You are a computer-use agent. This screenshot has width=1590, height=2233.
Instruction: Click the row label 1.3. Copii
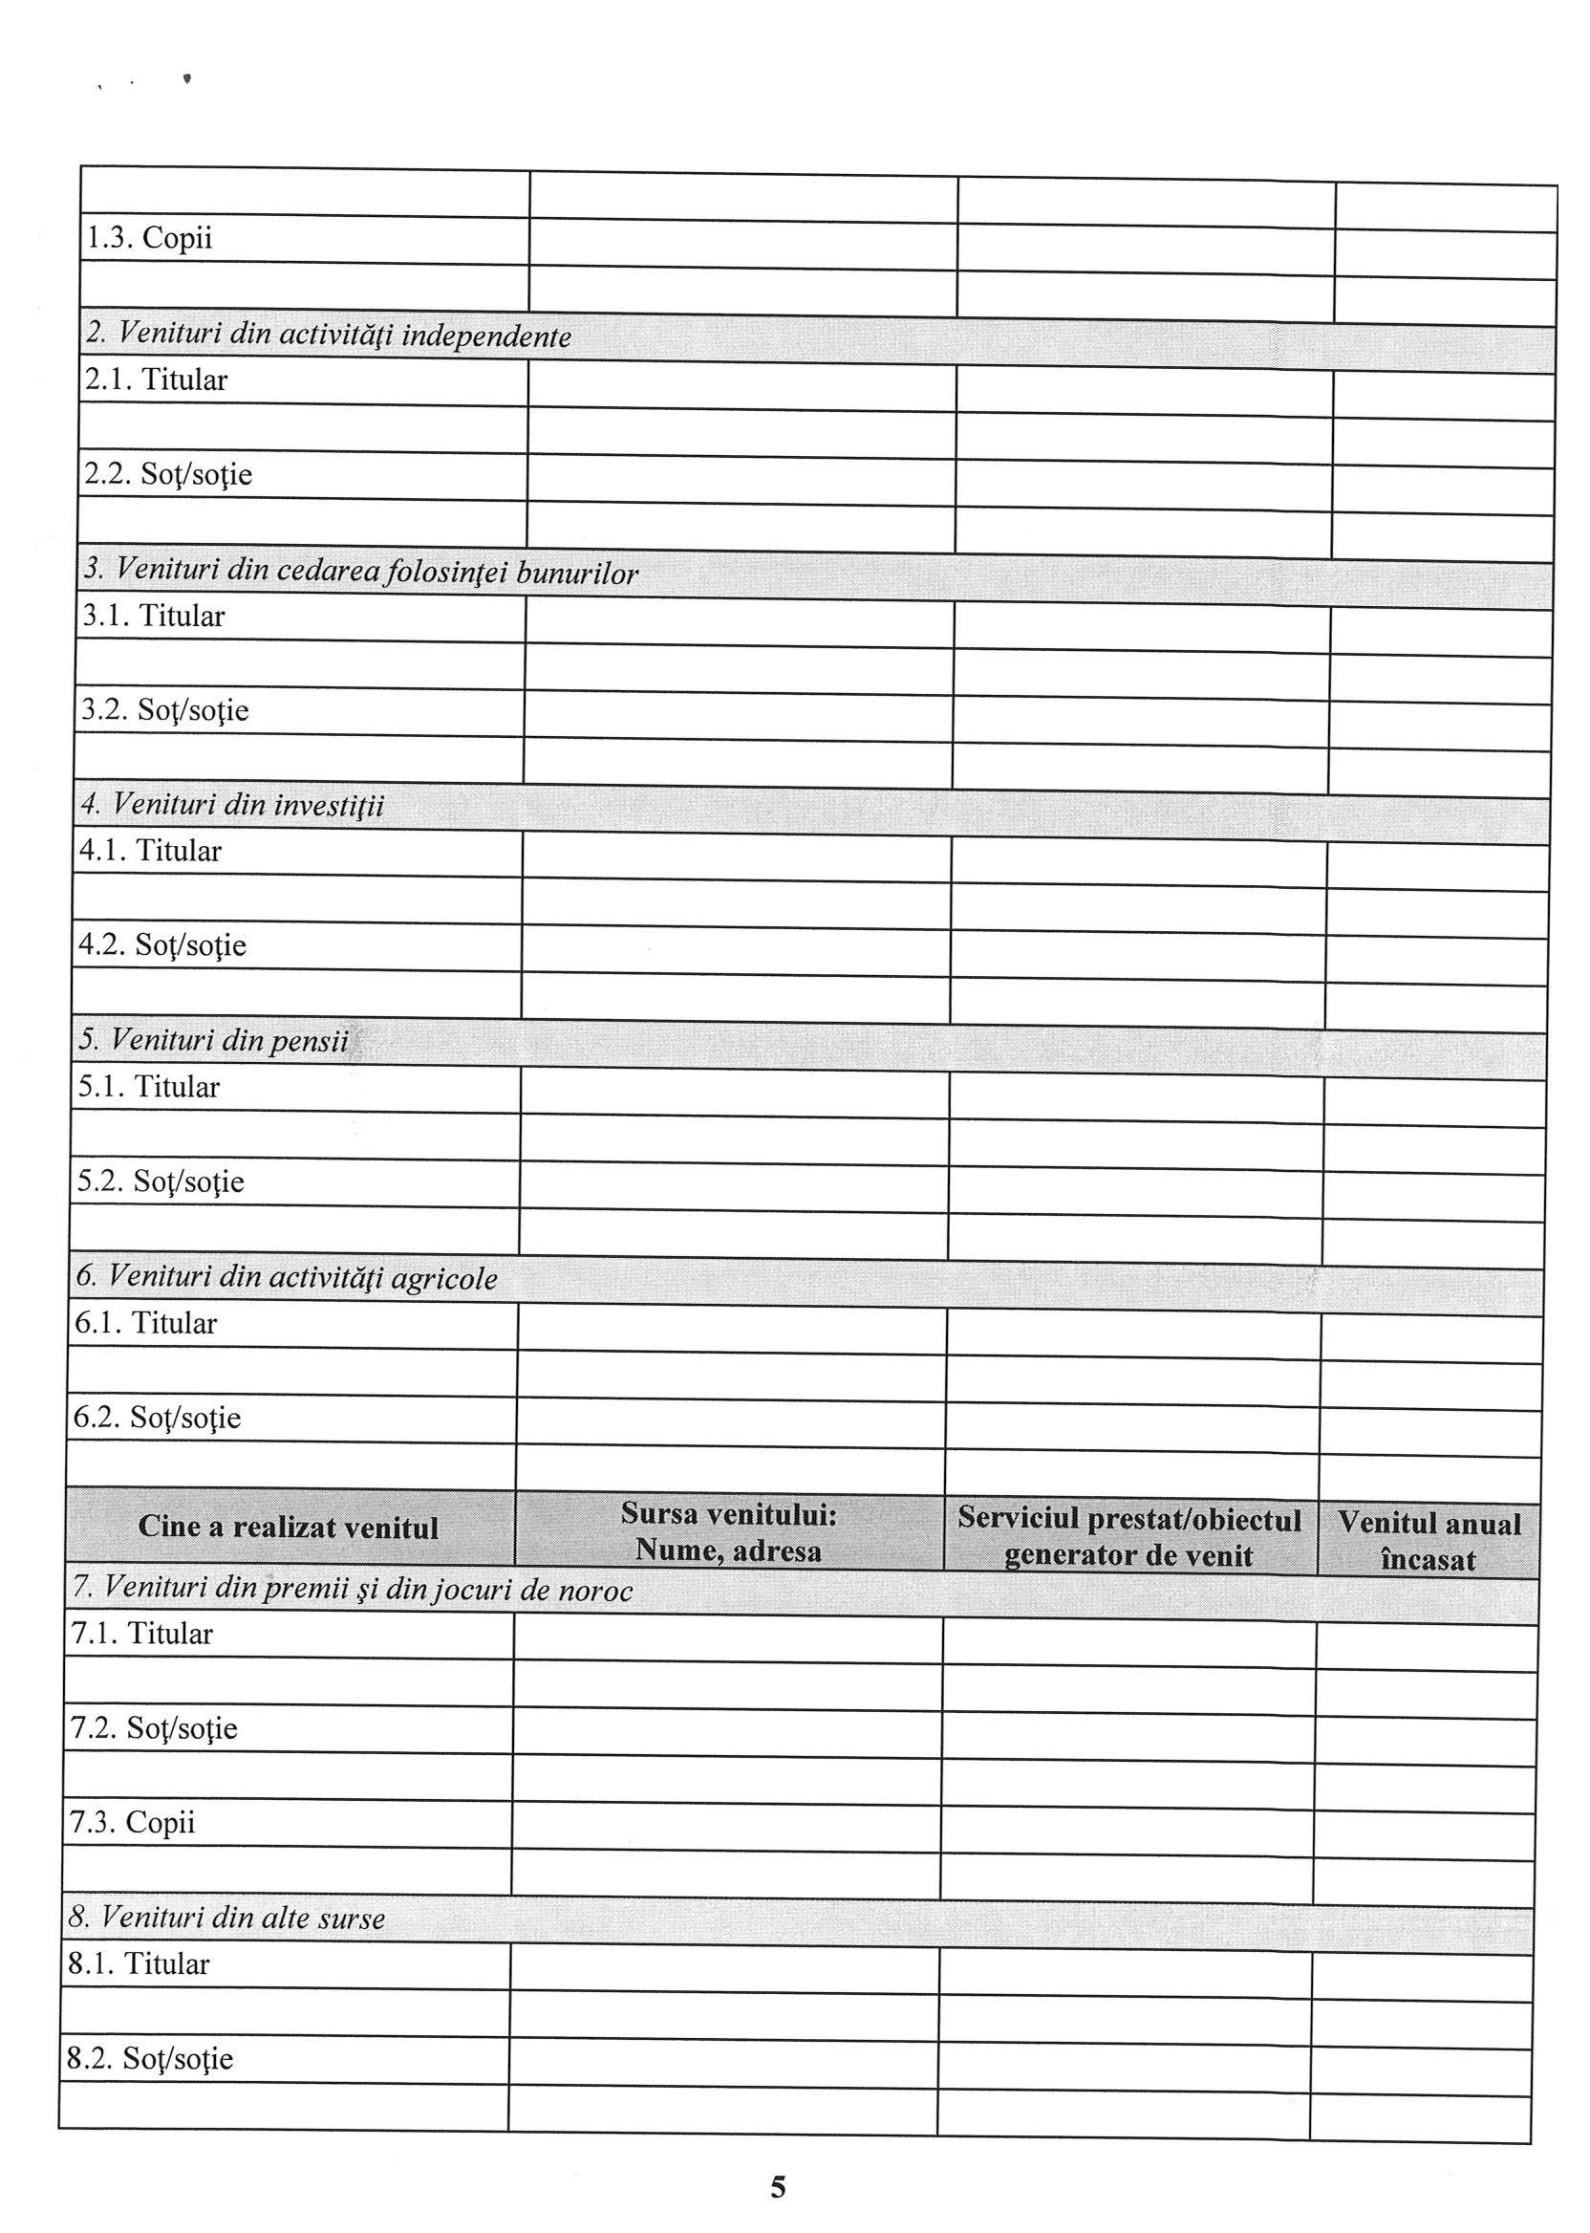coord(149,238)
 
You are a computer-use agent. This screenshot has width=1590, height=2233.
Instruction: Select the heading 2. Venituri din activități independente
coord(328,336)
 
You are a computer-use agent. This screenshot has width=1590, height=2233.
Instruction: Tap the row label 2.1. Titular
coord(156,379)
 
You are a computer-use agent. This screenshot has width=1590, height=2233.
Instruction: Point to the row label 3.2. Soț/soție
coord(164,710)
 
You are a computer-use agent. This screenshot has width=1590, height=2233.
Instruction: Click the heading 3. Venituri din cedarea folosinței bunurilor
coord(359,571)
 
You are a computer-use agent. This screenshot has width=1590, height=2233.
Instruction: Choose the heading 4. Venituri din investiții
coord(232,805)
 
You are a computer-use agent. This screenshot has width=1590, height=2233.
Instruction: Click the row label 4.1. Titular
coord(150,850)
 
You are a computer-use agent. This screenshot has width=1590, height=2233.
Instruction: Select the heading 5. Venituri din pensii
coord(213,1040)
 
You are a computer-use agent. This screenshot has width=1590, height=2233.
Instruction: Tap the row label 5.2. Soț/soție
coord(161,1182)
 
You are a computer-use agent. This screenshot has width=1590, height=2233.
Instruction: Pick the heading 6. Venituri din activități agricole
coord(286,1277)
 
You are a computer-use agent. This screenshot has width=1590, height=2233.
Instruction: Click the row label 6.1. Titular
coord(145,1323)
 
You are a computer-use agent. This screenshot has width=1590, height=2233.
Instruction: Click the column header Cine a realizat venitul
coord(288,1527)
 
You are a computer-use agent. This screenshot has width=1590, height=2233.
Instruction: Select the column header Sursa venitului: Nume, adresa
coord(727,1531)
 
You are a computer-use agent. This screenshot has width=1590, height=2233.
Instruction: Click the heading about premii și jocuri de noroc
coord(352,1590)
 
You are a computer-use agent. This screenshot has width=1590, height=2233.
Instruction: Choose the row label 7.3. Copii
coord(132,1822)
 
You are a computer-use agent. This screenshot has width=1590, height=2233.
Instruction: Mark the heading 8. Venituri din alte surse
coord(226,1918)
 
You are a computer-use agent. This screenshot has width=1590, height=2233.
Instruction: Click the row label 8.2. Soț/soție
coord(150,2058)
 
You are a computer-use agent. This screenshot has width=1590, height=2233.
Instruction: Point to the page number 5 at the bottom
coord(778,2187)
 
